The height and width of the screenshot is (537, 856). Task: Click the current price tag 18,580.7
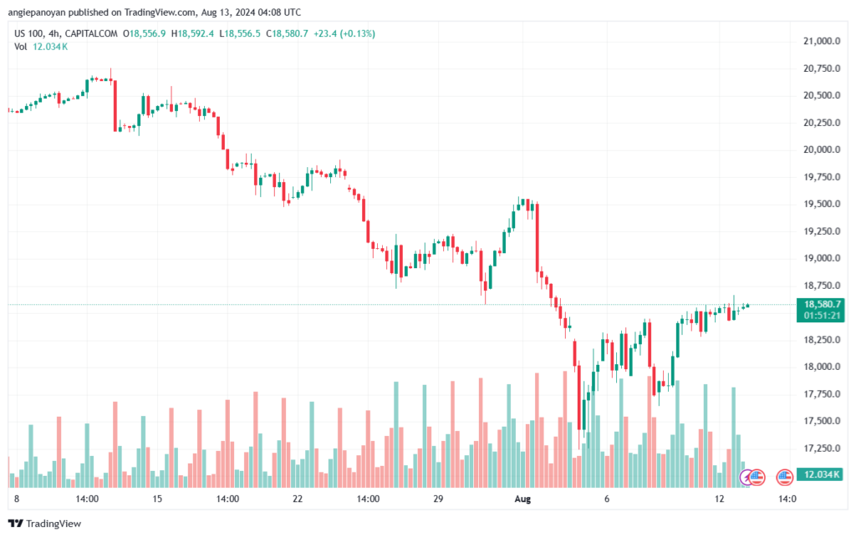point(823,304)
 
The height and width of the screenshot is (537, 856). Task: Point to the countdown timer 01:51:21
point(823,316)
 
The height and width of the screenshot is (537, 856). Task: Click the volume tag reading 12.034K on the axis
point(823,474)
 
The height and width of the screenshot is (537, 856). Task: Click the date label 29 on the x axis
point(437,499)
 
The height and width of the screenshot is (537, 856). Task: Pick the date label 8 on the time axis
point(17,499)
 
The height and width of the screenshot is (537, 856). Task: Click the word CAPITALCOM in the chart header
point(93,33)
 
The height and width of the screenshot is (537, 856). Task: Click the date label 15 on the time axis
point(156,499)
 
